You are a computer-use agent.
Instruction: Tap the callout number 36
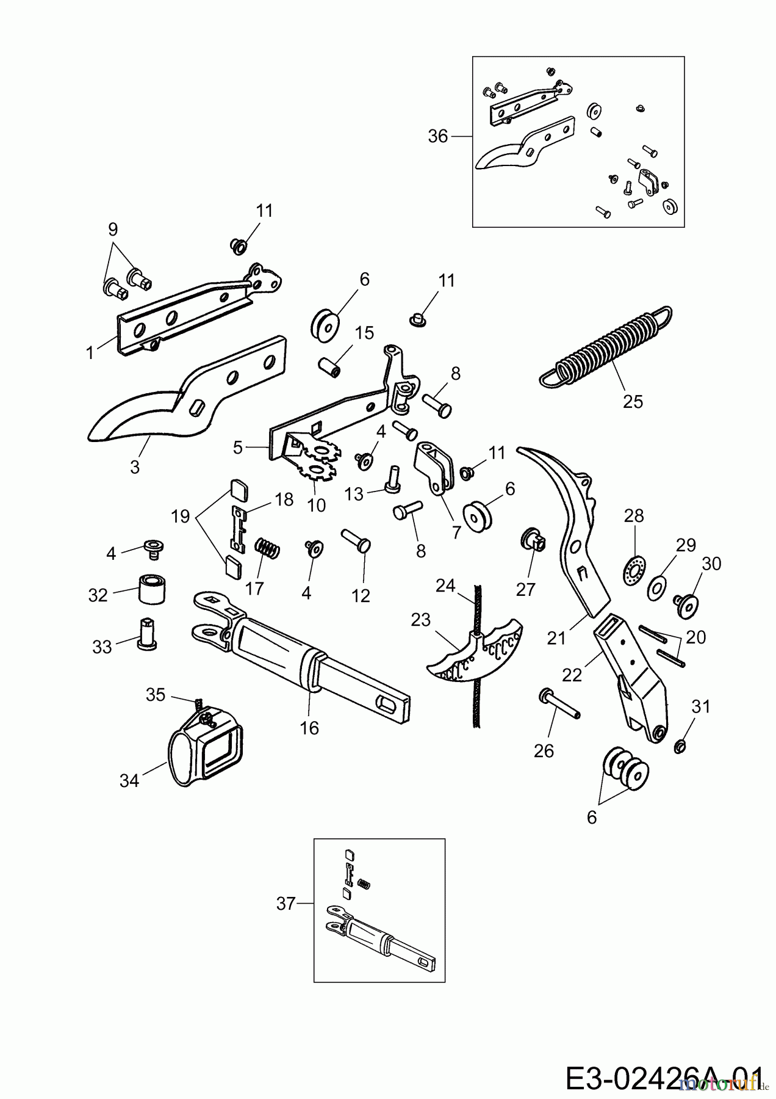[x=437, y=136]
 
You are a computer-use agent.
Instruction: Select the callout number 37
[x=286, y=904]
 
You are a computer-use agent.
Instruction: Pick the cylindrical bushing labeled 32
[x=154, y=589]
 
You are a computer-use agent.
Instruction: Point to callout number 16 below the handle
[x=309, y=728]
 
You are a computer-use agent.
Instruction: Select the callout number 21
[x=556, y=638]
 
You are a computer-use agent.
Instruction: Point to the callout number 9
[x=112, y=230]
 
